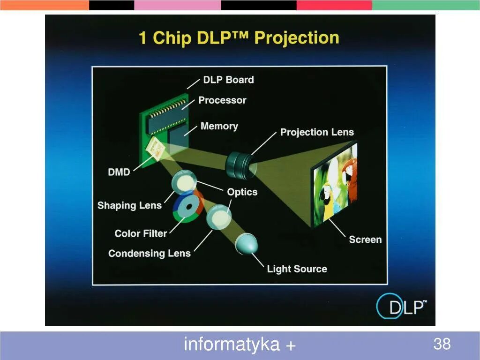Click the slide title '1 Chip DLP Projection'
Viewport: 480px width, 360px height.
pyautogui.click(x=239, y=38)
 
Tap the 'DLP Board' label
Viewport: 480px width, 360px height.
pyautogui.click(x=228, y=80)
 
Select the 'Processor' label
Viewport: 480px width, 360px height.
pyautogui.click(x=222, y=100)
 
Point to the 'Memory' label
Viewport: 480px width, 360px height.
pyautogui.click(x=219, y=126)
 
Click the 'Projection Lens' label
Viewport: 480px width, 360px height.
pyautogui.click(x=317, y=132)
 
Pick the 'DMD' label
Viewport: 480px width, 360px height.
pyautogui.click(x=119, y=172)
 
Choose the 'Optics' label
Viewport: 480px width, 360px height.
pyautogui.click(x=242, y=192)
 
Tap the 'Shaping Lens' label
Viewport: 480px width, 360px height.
pyautogui.click(x=129, y=205)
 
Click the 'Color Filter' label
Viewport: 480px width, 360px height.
pyautogui.click(x=141, y=233)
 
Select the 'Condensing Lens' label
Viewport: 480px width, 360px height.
pyautogui.click(x=149, y=254)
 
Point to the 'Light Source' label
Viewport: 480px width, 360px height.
pyautogui.click(x=297, y=269)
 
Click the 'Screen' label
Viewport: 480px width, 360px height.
pyautogui.click(x=365, y=240)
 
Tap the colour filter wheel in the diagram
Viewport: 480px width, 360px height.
pyautogui.click(x=188, y=206)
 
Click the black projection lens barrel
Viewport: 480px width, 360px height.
pyautogui.click(x=240, y=165)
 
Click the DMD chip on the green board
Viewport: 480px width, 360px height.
pyautogui.click(x=156, y=151)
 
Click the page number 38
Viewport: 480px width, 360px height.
pyautogui.click(x=442, y=345)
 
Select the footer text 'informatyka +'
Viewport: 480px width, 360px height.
pyautogui.click(x=240, y=345)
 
